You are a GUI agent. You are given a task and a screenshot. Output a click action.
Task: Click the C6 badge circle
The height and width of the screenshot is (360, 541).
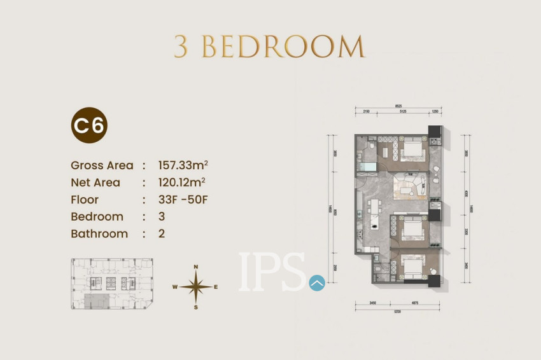pyautogui.click(x=89, y=125)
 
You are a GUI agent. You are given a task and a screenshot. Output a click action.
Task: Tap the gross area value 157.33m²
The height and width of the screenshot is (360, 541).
pyautogui.click(x=183, y=165)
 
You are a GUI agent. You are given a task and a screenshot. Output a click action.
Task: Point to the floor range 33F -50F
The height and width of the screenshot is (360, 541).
pyautogui.click(x=183, y=200)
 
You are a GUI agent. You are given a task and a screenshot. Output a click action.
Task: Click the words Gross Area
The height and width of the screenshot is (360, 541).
pyautogui.click(x=102, y=165)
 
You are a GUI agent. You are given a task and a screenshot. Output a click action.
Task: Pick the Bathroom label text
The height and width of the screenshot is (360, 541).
pyautogui.click(x=99, y=233)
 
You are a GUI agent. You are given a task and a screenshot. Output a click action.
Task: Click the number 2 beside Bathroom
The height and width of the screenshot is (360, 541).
pyautogui.click(x=162, y=233)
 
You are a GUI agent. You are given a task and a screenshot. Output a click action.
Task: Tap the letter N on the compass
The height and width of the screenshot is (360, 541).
pyautogui.click(x=196, y=267)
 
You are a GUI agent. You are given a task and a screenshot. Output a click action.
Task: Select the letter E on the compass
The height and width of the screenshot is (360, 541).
pyautogui.click(x=216, y=287)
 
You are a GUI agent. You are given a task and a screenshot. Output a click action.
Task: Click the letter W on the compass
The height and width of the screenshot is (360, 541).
pyautogui.click(x=174, y=287)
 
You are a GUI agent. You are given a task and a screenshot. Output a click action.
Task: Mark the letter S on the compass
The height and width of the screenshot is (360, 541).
pyautogui.click(x=196, y=307)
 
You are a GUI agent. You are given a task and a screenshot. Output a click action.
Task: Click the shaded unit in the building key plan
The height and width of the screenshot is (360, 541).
pyautogui.click(x=97, y=301)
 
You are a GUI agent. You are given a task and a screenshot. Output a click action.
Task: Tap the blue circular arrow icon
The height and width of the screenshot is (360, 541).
pyautogui.click(x=317, y=283)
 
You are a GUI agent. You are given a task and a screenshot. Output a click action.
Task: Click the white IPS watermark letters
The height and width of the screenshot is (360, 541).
pyautogui.click(x=272, y=272)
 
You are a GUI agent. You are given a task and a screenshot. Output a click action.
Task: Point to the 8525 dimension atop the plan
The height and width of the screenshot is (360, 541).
pyautogui.click(x=398, y=106)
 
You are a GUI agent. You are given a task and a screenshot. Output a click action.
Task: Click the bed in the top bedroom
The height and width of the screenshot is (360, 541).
pyautogui.click(x=413, y=150)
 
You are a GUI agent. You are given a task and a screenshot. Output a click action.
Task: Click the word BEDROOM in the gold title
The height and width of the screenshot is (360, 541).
pyautogui.click(x=283, y=47)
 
